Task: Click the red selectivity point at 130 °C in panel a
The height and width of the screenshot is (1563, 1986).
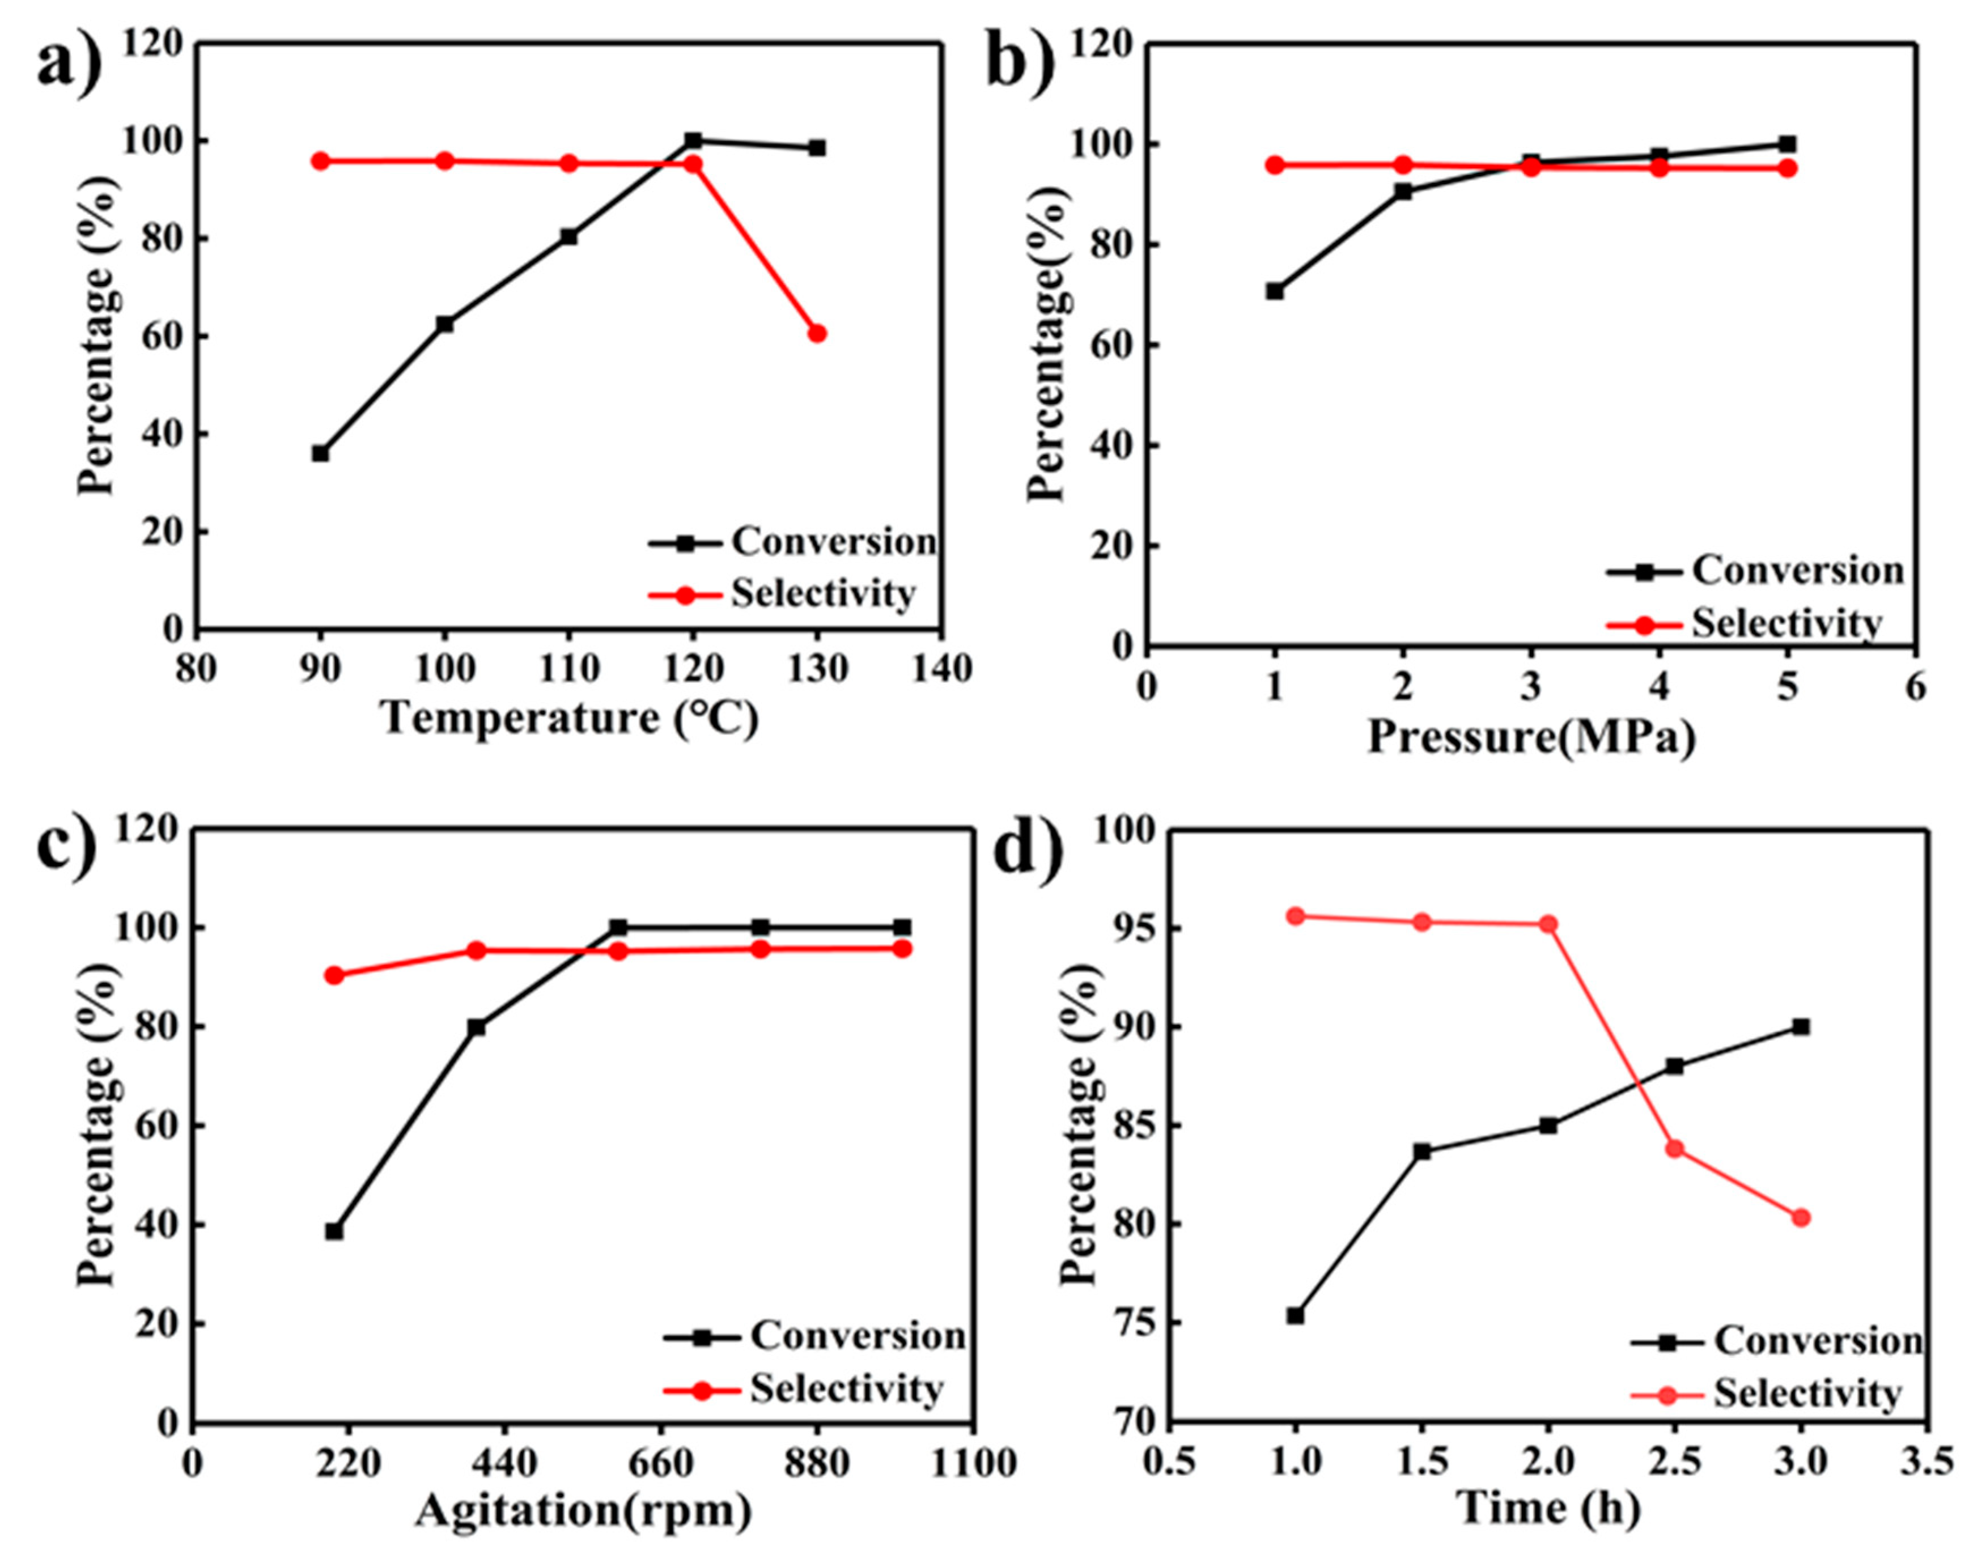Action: [x=816, y=333]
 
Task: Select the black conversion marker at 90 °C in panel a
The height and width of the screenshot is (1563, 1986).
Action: [x=320, y=453]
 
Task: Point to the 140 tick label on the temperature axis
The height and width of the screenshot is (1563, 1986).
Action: [x=942, y=669]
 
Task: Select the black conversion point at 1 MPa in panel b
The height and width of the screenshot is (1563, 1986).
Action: [x=1274, y=291]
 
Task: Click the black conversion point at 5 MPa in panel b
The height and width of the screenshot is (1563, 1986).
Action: [x=1786, y=144]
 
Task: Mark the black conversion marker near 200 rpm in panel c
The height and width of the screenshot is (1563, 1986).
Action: [x=334, y=1231]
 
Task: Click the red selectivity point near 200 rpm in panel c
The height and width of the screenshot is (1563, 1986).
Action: [x=334, y=975]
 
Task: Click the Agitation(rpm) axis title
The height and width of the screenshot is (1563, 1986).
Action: [x=583, y=1511]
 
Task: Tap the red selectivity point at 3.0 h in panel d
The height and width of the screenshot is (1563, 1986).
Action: [x=1800, y=1218]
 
